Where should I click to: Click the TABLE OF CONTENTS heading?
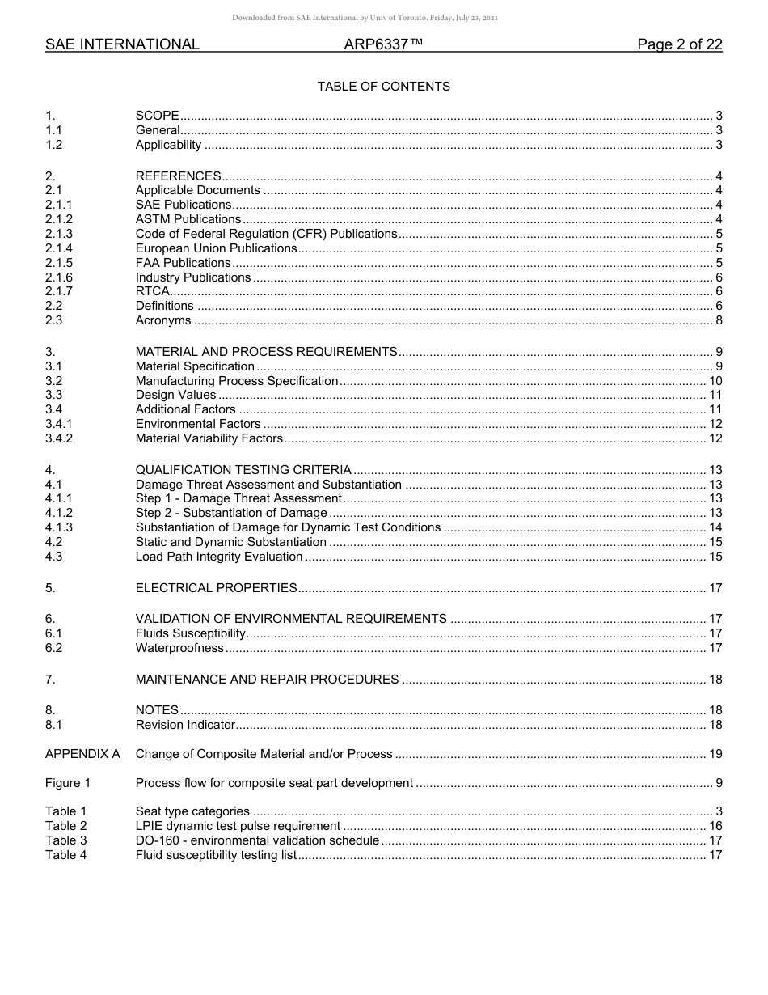click(383, 87)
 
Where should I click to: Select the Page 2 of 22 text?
click(679, 44)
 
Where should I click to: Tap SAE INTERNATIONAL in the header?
click(122, 44)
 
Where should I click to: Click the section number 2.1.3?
click(59, 234)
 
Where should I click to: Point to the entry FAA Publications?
click(183, 263)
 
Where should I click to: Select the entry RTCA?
click(153, 292)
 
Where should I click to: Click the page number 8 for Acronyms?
click(719, 321)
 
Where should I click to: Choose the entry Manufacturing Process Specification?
click(237, 381)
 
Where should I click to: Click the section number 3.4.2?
click(59, 439)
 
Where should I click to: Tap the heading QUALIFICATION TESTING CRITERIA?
click(243, 470)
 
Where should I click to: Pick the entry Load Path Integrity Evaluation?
click(219, 557)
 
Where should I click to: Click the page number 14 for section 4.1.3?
click(715, 528)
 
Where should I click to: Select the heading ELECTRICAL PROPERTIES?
click(216, 588)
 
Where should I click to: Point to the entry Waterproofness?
click(179, 648)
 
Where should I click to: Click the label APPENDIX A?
click(82, 754)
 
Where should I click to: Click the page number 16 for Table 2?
click(715, 826)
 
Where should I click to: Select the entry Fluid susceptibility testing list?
click(216, 855)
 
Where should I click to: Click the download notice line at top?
click(365, 18)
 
